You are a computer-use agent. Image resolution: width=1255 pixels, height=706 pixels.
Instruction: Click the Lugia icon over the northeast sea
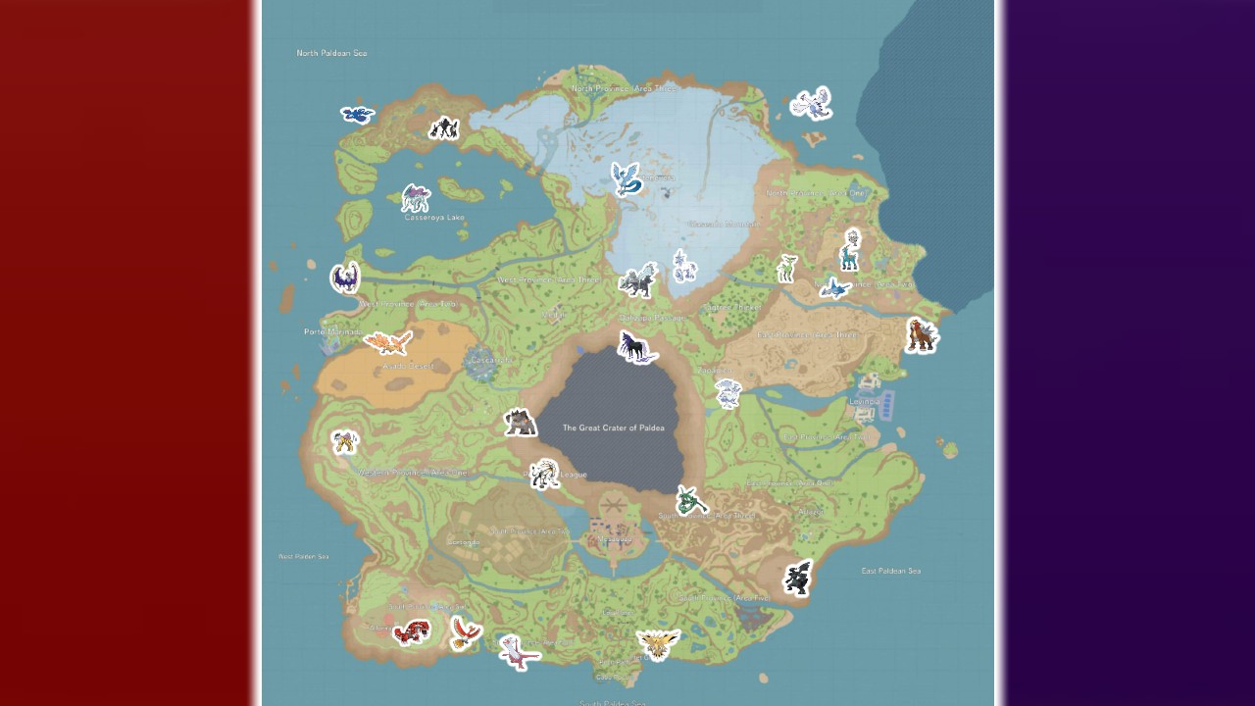coord(812,103)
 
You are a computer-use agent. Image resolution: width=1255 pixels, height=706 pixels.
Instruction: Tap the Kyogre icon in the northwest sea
coord(357,114)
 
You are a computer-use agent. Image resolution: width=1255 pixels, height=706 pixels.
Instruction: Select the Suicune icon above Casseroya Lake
coord(416,198)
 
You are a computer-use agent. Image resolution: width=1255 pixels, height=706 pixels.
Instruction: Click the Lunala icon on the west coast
coord(345,277)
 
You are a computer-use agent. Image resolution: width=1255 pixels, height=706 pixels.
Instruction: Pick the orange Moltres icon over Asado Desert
coord(388,342)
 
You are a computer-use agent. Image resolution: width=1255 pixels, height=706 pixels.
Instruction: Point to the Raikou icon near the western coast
coord(344,442)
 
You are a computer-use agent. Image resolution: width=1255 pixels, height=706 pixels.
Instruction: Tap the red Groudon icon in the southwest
coord(411,632)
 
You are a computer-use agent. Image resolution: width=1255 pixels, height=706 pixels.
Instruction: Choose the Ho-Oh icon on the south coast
coord(465,632)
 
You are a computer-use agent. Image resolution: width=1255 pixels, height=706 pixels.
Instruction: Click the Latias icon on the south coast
coord(519,651)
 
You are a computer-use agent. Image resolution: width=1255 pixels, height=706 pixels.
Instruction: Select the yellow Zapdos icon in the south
coord(657,643)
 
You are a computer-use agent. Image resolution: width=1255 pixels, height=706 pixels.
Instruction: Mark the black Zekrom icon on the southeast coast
coord(799,578)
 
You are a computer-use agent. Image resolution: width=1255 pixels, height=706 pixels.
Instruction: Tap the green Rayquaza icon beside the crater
coord(691,501)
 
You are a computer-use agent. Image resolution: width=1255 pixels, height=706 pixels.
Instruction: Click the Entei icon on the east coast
coord(921,335)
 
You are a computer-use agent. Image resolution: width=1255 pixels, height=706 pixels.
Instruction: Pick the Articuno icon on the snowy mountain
coord(626,178)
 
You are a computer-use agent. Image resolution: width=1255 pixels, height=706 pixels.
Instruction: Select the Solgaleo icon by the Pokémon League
coord(544,474)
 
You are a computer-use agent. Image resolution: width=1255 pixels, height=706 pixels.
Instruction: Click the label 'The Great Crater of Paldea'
coord(613,428)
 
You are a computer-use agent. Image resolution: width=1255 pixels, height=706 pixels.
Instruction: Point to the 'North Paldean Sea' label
coord(331,53)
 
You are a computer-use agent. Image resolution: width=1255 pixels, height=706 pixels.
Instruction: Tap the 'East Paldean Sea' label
coord(890,571)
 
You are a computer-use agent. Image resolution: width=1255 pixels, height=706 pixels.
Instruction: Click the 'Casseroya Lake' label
coord(434,218)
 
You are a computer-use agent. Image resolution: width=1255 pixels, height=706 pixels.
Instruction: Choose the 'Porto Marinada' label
coord(331,332)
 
